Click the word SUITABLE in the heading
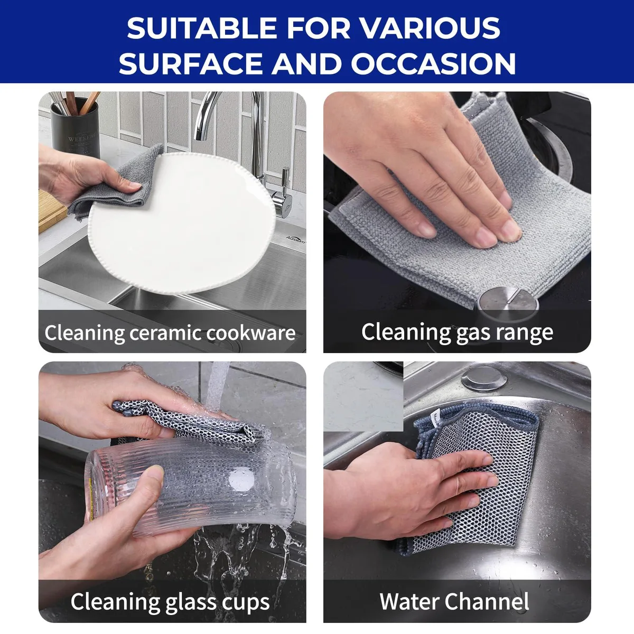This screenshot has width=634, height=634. (202, 29)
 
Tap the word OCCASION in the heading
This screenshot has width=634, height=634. (433, 63)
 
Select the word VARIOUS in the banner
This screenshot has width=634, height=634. (430, 29)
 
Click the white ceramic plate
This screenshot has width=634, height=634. (182, 223)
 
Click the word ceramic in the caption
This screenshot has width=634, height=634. (165, 333)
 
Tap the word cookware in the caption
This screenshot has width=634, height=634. (251, 333)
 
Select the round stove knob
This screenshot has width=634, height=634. (508, 301)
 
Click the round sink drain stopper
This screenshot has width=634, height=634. (483, 378)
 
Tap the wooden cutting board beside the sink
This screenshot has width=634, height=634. (51, 211)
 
